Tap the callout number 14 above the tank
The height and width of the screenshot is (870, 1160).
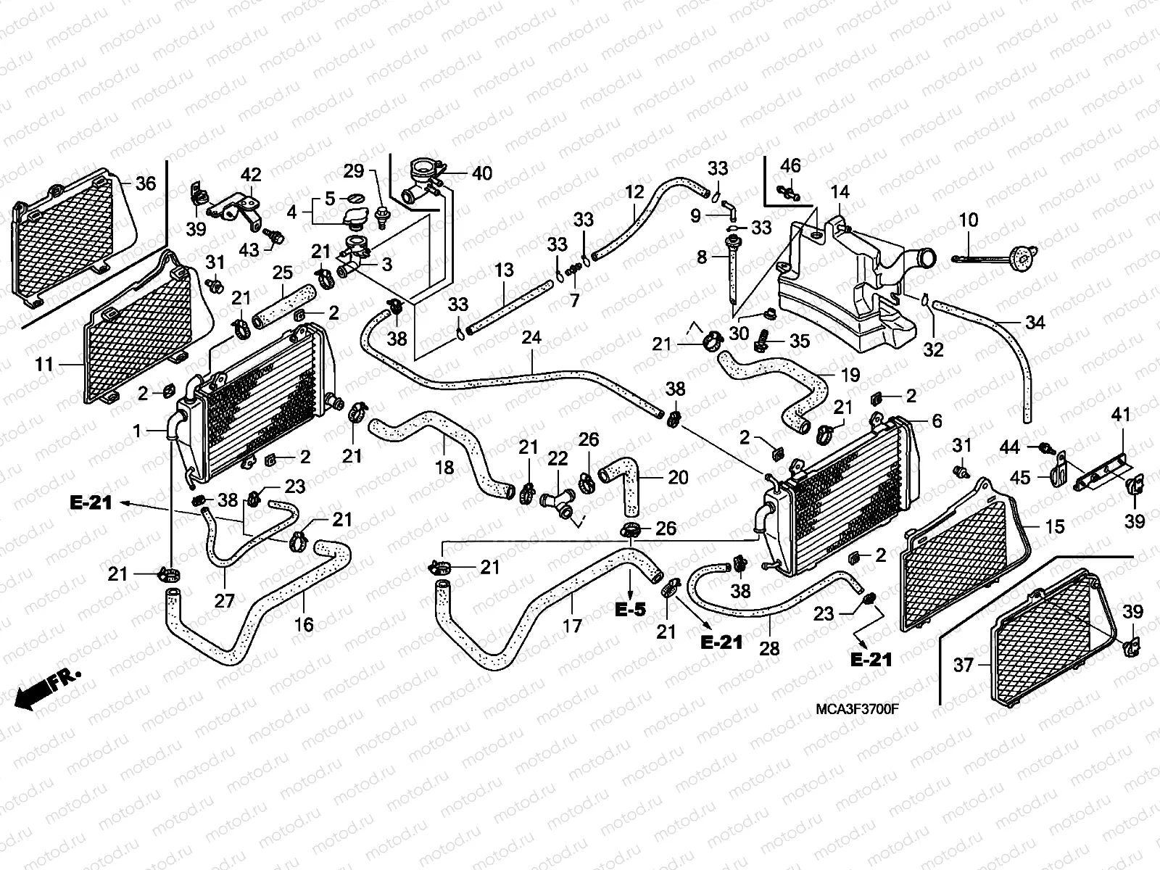pos(840,193)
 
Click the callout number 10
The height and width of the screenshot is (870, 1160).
pos(969,220)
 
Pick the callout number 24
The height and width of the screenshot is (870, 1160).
pos(531,338)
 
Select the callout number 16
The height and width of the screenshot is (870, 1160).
pos(304,623)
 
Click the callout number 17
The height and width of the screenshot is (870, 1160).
pos(572,624)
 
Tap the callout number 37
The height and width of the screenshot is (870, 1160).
pos(963,664)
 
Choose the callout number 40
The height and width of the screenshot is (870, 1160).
pos(481,173)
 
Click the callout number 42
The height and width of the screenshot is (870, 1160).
pos(251,175)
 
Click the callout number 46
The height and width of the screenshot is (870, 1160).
pos(790,165)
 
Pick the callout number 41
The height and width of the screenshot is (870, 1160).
pos(1121,415)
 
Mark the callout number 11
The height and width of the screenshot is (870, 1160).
pos(45,364)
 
